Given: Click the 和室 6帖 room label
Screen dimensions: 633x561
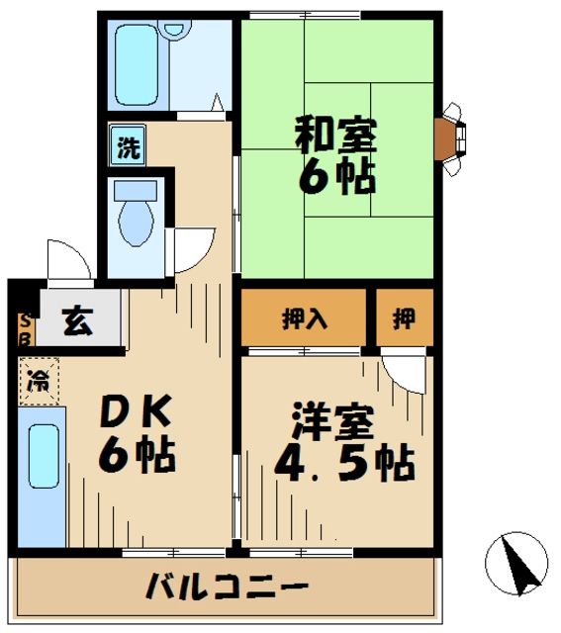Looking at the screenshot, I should (335, 155).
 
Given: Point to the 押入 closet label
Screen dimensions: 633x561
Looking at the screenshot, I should (305, 318).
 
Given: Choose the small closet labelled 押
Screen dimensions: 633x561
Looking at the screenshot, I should (404, 318).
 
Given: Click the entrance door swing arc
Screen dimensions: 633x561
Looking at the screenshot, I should (69, 259).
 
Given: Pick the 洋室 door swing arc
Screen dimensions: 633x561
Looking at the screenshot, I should (404, 374).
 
